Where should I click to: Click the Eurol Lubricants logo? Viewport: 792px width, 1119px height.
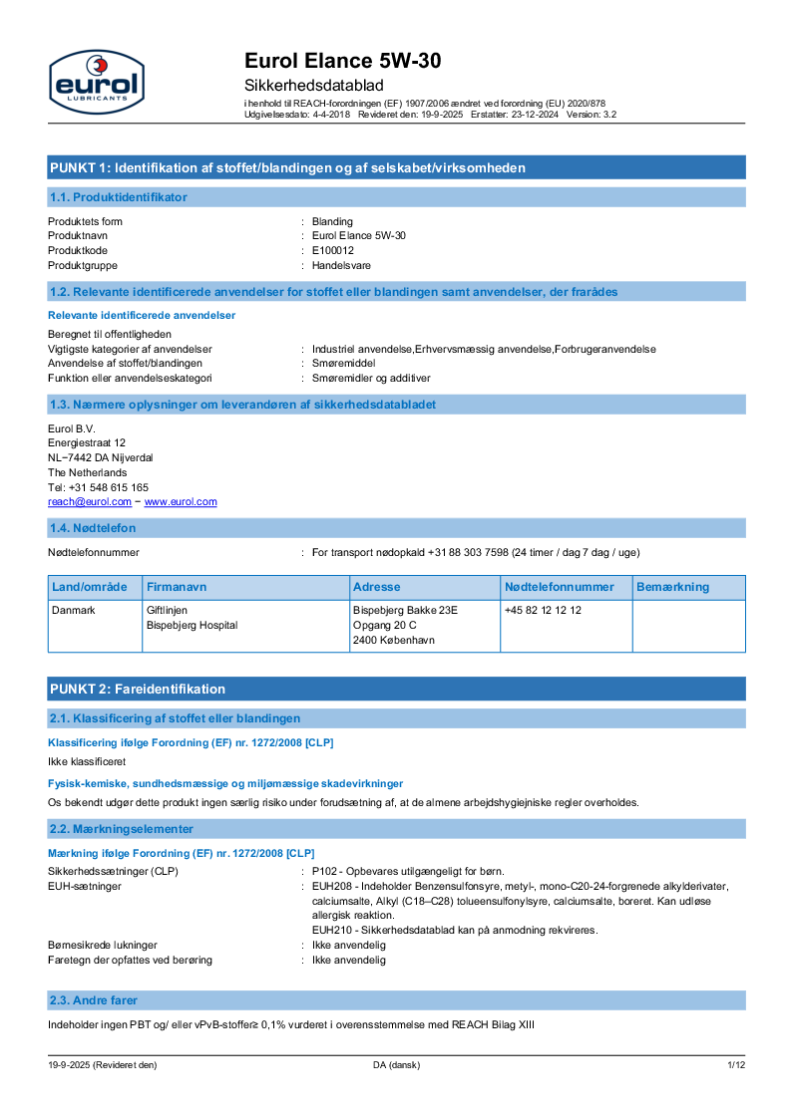click(96, 82)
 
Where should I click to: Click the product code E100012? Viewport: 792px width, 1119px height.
click(333, 250)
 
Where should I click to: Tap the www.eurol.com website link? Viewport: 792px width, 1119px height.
click(181, 502)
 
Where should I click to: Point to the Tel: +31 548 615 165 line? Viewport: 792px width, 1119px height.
click(98, 487)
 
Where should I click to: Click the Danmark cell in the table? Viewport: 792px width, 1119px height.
click(74, 610)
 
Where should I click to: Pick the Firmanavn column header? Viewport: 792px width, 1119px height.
click(177, 587)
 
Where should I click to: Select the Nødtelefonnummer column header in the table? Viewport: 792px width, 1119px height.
click(559, 587)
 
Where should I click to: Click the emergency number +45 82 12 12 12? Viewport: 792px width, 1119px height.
click(543, 610)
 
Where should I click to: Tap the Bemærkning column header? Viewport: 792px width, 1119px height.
click(672, 587)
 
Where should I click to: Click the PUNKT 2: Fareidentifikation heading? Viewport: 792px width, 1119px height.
click(138, 689)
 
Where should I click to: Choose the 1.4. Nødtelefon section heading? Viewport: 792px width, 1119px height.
click(93, 528)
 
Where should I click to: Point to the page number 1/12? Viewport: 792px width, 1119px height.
click(736, 1065)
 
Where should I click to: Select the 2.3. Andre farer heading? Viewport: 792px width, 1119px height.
click(94, 999)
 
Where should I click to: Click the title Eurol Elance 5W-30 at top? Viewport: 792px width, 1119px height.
click(342, 62)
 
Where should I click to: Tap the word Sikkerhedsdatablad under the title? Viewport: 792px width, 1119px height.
click(313, 86)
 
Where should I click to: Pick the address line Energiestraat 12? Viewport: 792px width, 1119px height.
click(87, 442)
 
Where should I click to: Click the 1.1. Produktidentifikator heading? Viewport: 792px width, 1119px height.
click(118, 197)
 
